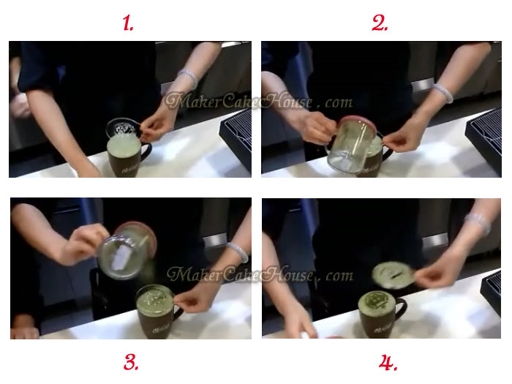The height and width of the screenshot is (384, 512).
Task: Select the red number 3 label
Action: click(131, 361)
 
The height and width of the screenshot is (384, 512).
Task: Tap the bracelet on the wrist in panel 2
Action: click(443, 93)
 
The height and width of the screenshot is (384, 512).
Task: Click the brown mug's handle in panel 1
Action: click(146, 154)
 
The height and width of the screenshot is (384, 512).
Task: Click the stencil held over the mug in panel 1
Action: click(126, 129)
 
